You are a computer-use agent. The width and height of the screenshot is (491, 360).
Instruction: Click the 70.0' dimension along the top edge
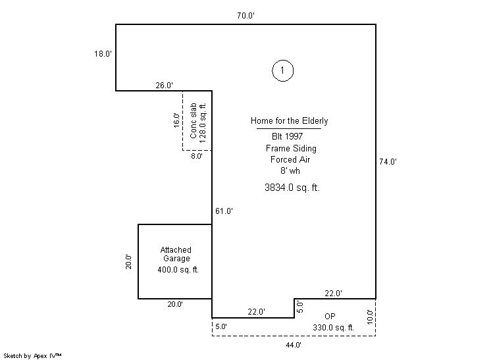pyautogui.click(x=245, y=16)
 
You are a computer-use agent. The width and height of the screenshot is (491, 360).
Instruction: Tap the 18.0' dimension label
pyautogui.click(x=103, y=54)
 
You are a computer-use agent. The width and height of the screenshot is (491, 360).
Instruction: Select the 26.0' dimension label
pyautogui.click(x=165, y=85)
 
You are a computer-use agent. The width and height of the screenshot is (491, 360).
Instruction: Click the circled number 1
pyautogui.click(x=283, y=70)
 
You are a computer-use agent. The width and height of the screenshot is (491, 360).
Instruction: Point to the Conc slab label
pyautogui.click(x=194, y=120)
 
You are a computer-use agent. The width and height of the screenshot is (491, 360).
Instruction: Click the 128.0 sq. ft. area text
pyautogui.click(x=203, y=122)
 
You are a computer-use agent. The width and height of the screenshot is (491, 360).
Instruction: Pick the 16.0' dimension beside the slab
pyautogui.click(x=176, y=120)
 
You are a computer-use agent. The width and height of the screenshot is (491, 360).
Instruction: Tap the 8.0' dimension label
pyautogui.click(x=197, y=156)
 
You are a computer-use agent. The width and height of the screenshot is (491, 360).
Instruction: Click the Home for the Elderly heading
pyautogui.click(x=290, y=121)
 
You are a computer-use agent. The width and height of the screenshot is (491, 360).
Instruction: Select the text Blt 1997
pyautogui.click(x=287, y=136)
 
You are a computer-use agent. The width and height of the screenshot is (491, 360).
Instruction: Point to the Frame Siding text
pyautogui.click(x=291, y=148)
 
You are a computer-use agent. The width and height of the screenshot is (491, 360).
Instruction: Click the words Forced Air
pyautogui.click(x=290, y=160)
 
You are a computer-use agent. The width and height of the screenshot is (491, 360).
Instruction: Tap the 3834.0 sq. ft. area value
pyautogui.click(x=292, y=188)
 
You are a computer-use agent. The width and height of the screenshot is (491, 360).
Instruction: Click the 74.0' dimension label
pyautogui.click(x=388, y=162)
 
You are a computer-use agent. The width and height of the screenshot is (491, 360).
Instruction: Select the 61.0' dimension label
pyautogui.click(x=224, y=211)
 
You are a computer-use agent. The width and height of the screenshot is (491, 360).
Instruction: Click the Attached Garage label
pyautogui.click(x=176, y=254)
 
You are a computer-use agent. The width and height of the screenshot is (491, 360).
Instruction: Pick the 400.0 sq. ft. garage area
pyautogui.click(x=178, y=270)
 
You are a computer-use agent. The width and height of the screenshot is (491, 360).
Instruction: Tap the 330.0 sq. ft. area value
pyautogui.click(x=333, y=328)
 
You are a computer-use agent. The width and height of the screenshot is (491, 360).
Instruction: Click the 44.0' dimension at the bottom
pyautogui.click(x=294, y=345)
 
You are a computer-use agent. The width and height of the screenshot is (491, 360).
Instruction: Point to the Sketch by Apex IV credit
pyautogui.click(x=32, y=356)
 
